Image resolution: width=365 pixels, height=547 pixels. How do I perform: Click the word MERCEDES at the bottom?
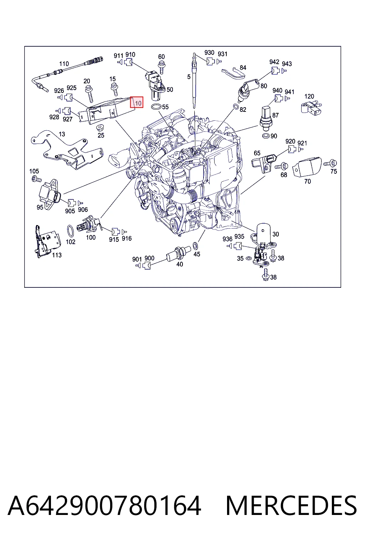tap(291, 506)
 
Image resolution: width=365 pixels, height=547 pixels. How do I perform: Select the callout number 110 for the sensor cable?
tap(64, 64)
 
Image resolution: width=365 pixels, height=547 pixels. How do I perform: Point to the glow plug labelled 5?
tap(194, 80)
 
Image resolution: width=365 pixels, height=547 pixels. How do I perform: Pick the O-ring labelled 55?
tap(156, 107)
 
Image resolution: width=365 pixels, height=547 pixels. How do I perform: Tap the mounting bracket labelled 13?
tap(68, 151)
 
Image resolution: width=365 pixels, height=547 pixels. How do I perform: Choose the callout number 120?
tap(309, 96)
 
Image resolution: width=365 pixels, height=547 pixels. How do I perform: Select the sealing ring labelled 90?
tap(266, 136)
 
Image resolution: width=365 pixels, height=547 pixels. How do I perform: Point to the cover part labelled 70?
tap(307, 167)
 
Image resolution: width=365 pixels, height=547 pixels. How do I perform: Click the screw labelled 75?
tap(330, 163)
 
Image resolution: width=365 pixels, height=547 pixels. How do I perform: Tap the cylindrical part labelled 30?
tap(263, 234)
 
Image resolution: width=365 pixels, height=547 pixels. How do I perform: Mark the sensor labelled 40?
tap(178, 253)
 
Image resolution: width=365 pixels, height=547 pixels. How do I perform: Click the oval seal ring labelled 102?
tap(71, 231)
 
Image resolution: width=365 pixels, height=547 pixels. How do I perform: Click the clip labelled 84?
tap(233, 73)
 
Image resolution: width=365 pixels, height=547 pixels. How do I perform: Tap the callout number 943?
tap(287, 64)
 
